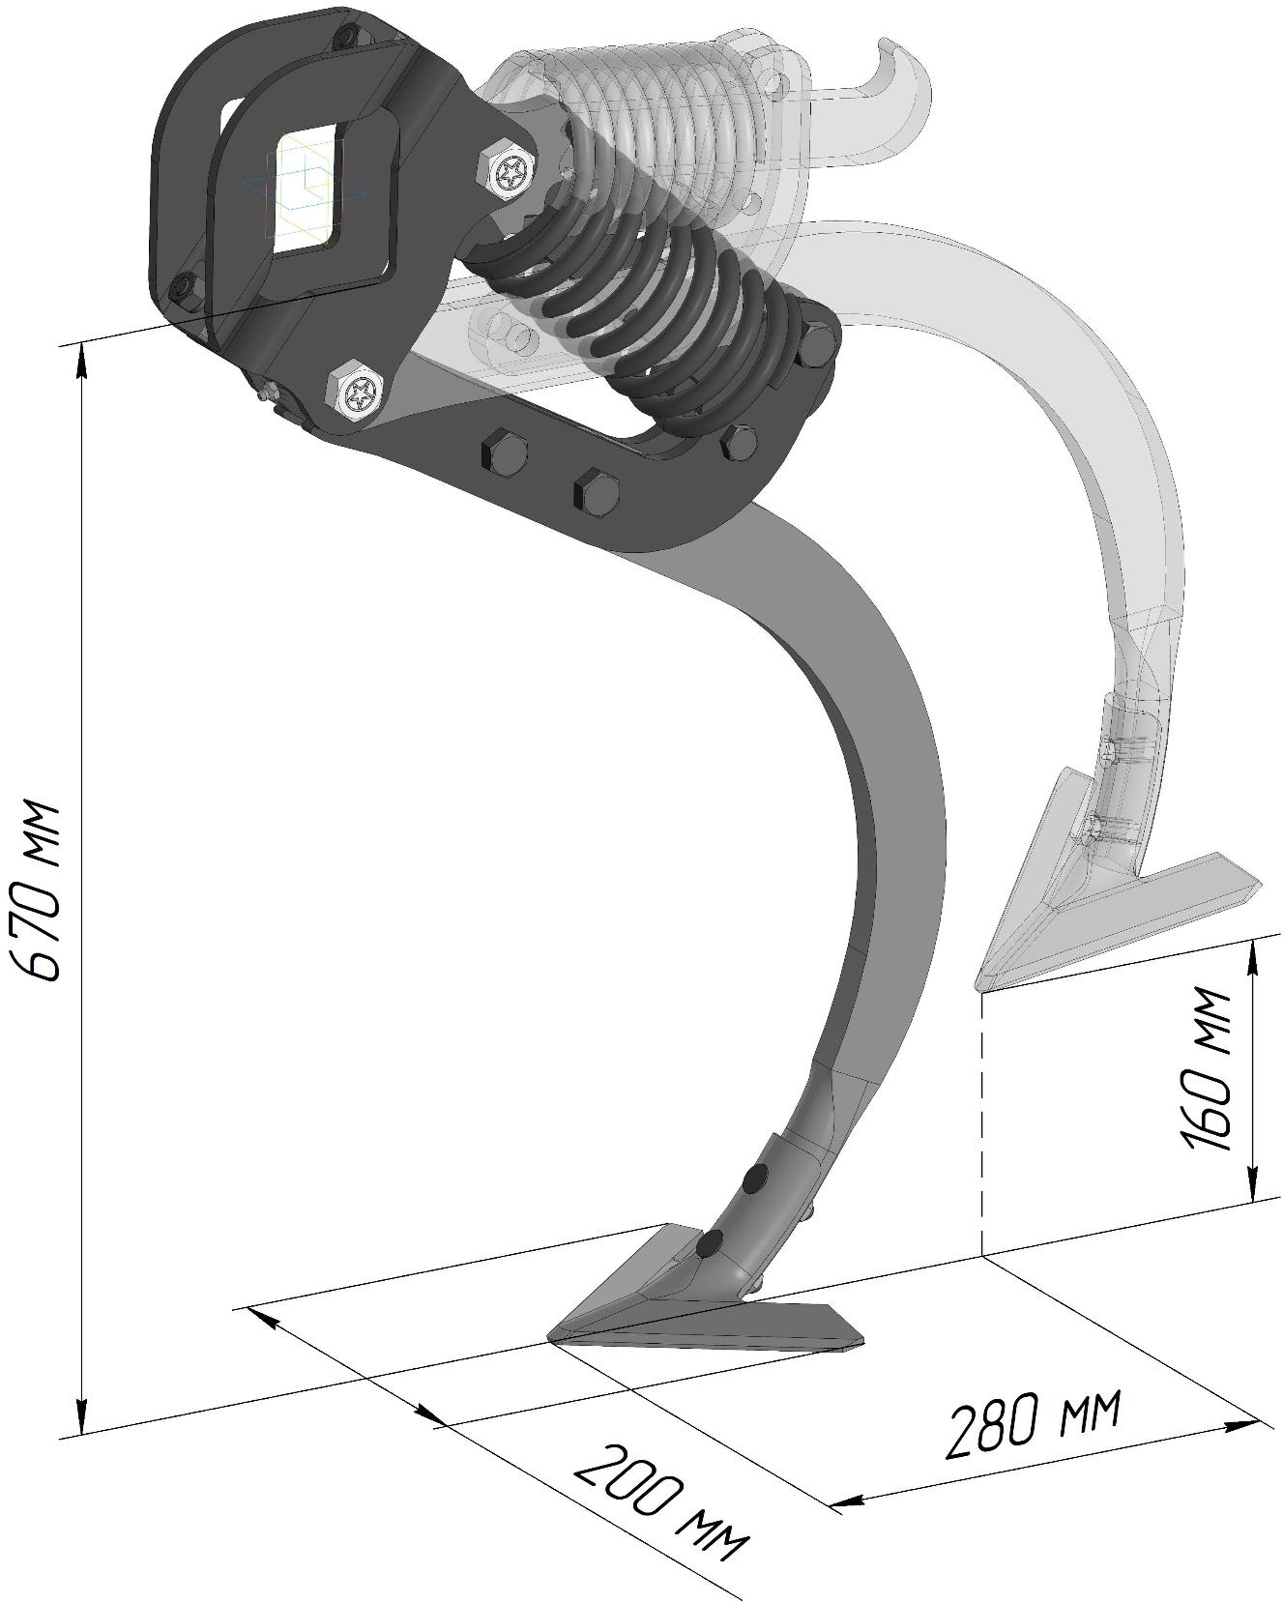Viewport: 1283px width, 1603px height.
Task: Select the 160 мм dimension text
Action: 1208,1069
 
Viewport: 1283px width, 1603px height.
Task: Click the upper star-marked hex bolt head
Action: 510,172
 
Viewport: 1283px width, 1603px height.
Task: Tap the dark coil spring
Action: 648,319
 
